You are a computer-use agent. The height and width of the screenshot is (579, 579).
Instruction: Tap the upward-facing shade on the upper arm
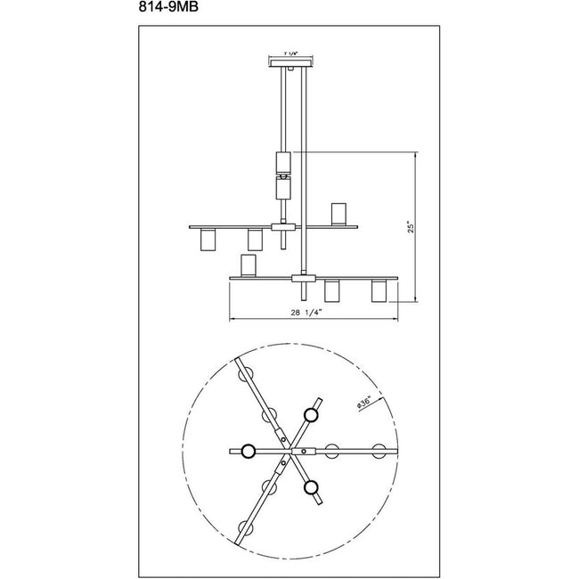(x=338, y=214)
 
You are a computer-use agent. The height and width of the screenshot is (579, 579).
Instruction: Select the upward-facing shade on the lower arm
(x=248, y=265)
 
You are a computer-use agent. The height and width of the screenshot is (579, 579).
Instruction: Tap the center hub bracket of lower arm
(x=303, y=279)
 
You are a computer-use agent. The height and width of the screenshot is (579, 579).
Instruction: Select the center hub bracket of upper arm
(x=282, y=228)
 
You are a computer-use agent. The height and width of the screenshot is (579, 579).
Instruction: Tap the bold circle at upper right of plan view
(x=311, y=413)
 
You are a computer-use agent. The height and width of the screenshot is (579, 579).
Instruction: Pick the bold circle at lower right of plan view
(x=311, y=487)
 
